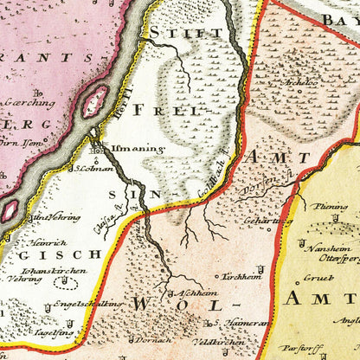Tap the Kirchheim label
coord(238,278)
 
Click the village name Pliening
coord(331,206)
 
